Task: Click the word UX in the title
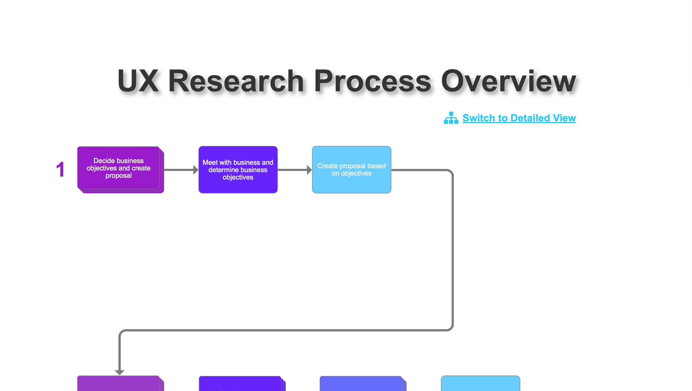[x=138, y=81]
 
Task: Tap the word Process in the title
[x=373, y=81]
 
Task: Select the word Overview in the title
[x=508, y=81]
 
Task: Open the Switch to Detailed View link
[x=519, y=118]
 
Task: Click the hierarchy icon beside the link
[x=451, y=118]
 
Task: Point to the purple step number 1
[x=60, y=169]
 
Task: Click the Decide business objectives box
[x=119, y=168]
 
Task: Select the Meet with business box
[x=238, y=170]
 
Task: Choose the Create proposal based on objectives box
[x=351, y=170]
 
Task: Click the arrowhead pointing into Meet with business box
[x=196, y=170]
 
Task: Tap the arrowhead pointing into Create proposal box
[x=309, y=170]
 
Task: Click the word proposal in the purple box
[x=119, y=176]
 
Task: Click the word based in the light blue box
[x=377, y=166]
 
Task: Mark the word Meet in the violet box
[x=210, y=163]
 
